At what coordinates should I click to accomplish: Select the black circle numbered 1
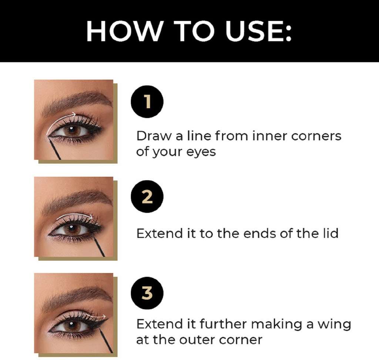tap(147, 101)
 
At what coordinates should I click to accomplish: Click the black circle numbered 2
tap(147, 197)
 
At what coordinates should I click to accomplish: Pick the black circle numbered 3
tap(147, 293)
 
